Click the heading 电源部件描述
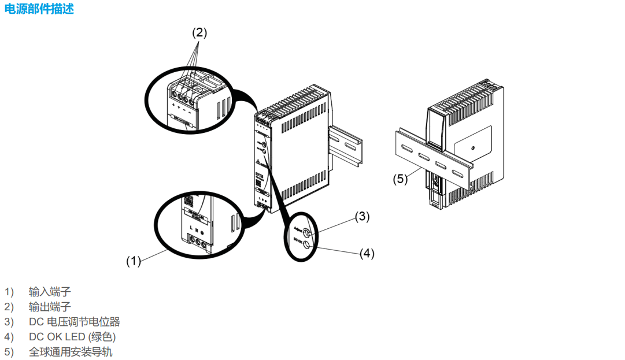click(x=39, y=9)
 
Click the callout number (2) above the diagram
click(x=199, y=33)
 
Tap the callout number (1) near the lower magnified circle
click(x=134, y=261)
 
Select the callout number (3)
click(x=362, y=217)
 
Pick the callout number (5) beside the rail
click(x=401, y=179)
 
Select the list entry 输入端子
click(x=50, y=292)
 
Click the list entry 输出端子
click(x=50, y=307)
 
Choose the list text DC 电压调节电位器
click(x=74, y=322)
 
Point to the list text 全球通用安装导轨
click(x=71, y=352)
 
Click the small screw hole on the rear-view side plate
click(x=472, y=147)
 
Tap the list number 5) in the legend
click(x=9, y=352)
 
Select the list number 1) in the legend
click(x=9, y=292)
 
